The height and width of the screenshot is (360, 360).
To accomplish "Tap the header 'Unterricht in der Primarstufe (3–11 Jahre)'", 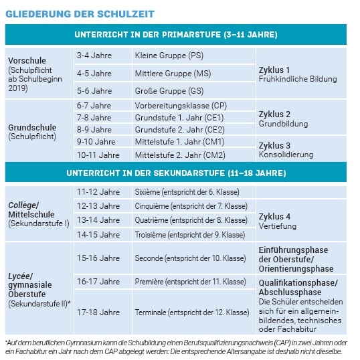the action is click(176, 34).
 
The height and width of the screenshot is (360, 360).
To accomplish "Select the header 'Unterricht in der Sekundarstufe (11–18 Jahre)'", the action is click(176, 173).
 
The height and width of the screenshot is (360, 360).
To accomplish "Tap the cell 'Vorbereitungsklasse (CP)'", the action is click(181, 106).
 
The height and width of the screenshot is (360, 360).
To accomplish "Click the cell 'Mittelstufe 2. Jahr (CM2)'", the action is click(179, 155).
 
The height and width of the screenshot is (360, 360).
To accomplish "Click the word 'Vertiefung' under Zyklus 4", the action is click(278, 226).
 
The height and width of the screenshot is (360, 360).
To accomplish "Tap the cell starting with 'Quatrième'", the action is click(191, 220).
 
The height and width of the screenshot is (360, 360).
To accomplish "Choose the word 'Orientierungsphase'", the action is click(295, 268).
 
